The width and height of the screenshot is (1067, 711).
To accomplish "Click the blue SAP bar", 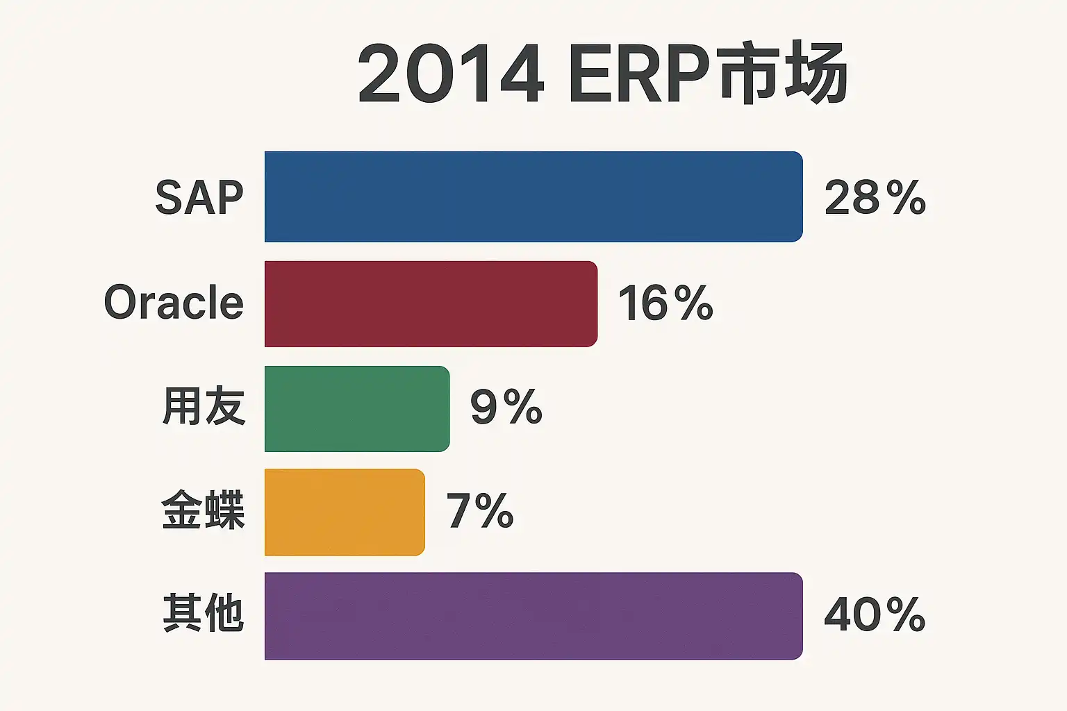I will [533, 196].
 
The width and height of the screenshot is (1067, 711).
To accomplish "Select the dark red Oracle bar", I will [431, 303].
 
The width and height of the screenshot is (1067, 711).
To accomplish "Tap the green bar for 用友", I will [357, 408].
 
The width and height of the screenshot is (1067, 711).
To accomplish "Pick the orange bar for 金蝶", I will [345, 512].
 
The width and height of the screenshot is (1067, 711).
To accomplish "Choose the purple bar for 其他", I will [533, 615].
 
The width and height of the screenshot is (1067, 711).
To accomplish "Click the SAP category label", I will [199, 198].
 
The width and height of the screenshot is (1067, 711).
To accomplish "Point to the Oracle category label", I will [174, 303].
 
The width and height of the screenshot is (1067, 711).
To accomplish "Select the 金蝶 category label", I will [204, 510].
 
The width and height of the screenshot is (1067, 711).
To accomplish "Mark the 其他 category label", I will [204, 613].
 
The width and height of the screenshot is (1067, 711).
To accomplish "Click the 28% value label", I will [875, 198].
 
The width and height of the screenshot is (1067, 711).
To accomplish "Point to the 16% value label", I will [665, 303].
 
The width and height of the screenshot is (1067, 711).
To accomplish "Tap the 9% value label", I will [506, 407].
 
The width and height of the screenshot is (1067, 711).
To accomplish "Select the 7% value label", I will [480, 511].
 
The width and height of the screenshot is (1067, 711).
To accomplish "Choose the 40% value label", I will [875, 614].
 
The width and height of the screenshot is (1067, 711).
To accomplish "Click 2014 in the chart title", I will [450, 74].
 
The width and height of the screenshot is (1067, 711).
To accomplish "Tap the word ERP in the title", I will [638, 74].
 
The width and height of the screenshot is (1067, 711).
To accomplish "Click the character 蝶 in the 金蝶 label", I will [224, 510].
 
